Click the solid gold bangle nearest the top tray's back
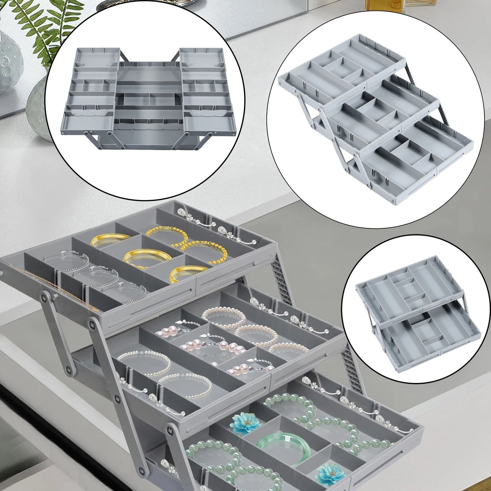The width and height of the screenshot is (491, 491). tap(106, 240)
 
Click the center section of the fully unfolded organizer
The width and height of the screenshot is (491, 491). tap(150, 99)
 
